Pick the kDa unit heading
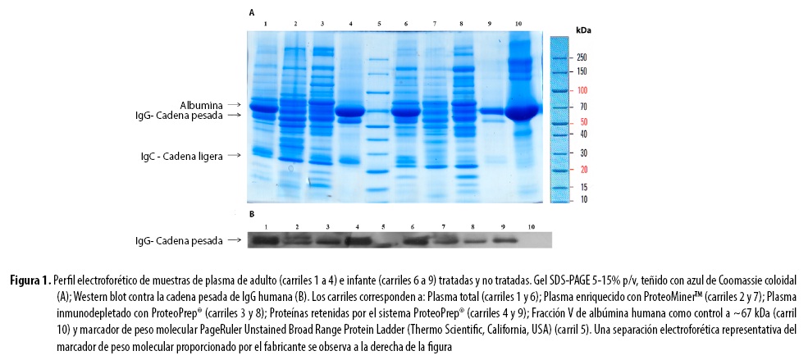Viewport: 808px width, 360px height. pos(583,30)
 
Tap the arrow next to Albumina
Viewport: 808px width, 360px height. pos(235,105)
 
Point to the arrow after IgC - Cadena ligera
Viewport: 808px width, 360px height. pos(235,155)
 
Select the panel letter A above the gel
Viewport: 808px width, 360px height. pos(252,13)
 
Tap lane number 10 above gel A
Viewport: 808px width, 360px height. pos(518,24)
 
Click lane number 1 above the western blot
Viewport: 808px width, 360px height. pos(266,225)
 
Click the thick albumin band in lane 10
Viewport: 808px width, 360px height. pos(518,111)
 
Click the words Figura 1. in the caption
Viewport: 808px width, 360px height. pos(30,280)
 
